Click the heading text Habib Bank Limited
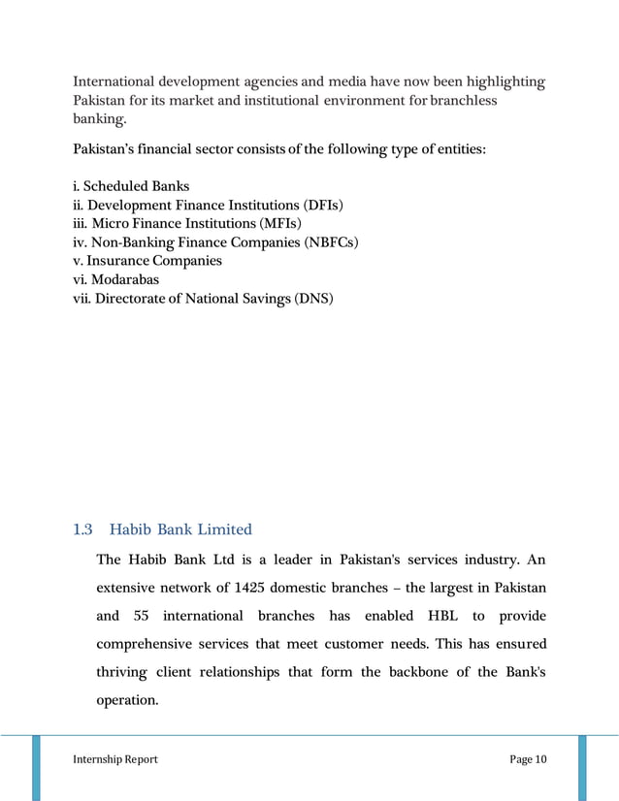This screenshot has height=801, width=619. (180, 529)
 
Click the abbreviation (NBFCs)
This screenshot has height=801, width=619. (332, 242)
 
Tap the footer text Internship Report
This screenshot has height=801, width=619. (115, 758)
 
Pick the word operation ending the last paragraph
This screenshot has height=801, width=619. (127, 699)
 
